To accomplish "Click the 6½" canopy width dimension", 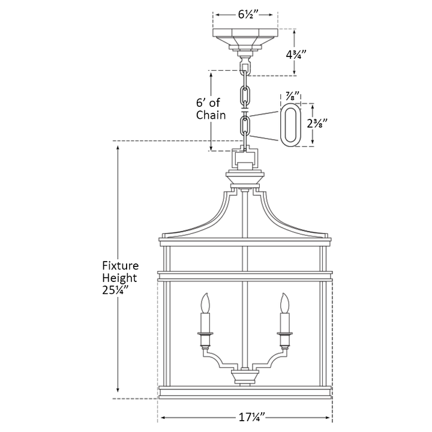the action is click(x=248, y=14).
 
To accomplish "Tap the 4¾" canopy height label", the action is click(x=296, y=55).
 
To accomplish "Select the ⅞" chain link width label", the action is click(x=293, y=97).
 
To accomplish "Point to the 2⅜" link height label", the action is click(x=317, y=124).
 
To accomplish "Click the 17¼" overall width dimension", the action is click(x=251, y=418).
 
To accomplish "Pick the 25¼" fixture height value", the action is click(x=116, y=290).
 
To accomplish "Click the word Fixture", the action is click(x=121, y=266).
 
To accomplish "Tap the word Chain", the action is click(x=211, y=115).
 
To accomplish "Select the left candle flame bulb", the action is click(x=205, y=303).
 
